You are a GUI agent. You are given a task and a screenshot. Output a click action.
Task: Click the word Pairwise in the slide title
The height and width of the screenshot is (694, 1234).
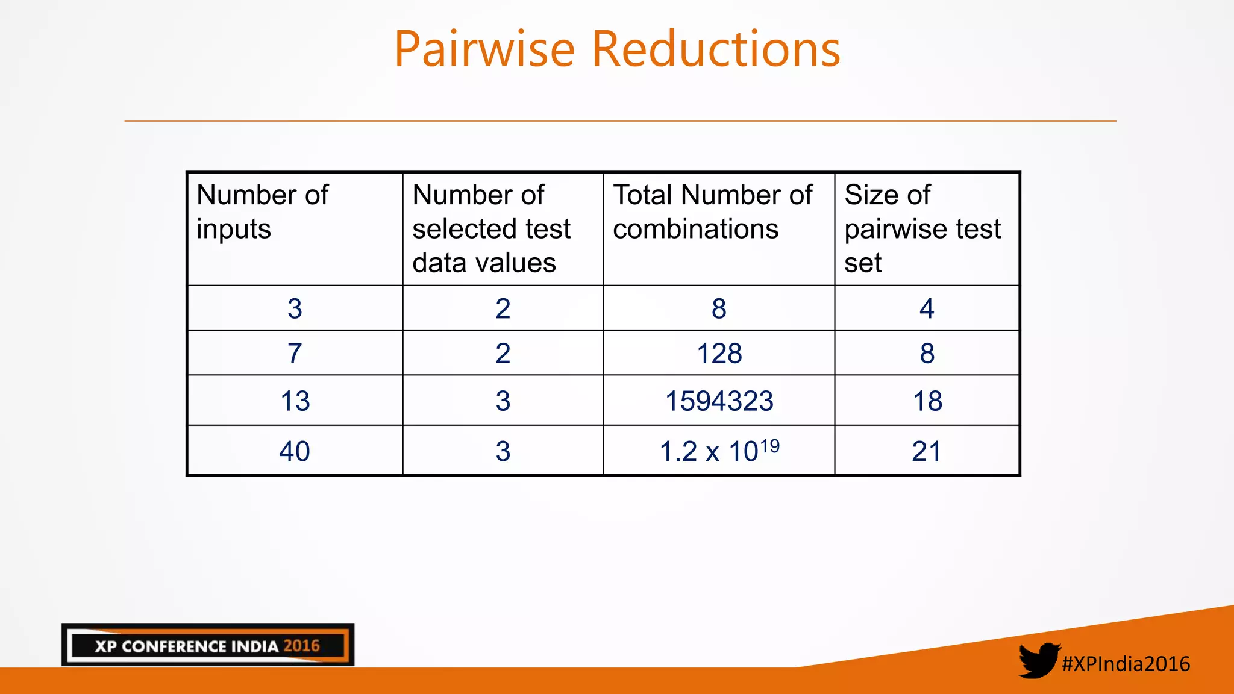tap(484, 49)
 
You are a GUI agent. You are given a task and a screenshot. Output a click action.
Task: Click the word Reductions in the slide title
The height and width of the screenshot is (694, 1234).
tap(716, 49)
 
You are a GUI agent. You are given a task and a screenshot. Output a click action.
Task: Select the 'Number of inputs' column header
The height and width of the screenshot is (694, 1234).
tap(263, 211)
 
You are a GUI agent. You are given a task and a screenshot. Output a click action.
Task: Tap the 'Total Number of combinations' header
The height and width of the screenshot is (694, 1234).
tap(712, 211)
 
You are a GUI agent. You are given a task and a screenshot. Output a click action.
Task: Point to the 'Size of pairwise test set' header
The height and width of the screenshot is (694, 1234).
tap(922, 228)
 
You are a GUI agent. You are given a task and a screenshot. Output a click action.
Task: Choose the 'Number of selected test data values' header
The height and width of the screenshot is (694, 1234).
tap(491, 228)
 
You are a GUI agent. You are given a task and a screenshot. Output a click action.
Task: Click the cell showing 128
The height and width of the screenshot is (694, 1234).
tap(719, 353)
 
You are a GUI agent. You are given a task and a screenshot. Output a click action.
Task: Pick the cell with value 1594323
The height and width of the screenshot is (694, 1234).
tap(719, 401)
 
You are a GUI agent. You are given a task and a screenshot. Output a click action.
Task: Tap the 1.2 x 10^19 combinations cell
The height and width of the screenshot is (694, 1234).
tap(719, 451)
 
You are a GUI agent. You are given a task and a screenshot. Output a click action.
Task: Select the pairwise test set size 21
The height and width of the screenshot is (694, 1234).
tap(926, 451)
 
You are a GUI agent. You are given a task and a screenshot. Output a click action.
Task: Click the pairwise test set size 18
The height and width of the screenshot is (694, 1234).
tap(927, 401)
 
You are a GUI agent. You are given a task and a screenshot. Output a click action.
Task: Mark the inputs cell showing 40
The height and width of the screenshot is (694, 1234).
tap(295, 451)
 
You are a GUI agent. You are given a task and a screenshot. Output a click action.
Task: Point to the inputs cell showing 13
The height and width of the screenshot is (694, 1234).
tap(295, 401)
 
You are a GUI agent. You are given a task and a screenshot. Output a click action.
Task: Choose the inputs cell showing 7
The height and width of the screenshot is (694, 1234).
tap(295, 353)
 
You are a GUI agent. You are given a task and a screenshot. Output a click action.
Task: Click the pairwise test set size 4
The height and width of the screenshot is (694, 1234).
tap(927, 308)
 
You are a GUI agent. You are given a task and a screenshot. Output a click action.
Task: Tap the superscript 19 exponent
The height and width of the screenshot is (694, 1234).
tap(769, 446)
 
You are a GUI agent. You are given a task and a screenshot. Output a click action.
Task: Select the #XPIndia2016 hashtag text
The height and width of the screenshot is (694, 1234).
tap(1126, 664)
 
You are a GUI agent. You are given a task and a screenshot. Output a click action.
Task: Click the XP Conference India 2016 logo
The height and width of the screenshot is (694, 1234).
tap(208, 645)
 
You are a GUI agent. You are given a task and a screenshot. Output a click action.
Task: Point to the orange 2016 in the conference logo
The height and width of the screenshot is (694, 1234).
tap(301, 646)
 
